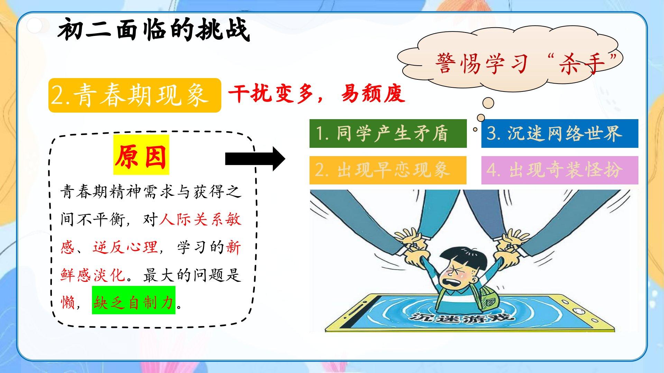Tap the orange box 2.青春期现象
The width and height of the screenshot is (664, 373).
coord(135,95)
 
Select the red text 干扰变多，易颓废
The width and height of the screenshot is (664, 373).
coord(316,94)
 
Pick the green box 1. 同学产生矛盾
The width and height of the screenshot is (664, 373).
coord(388,133)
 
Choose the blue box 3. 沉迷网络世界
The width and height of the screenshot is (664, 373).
coord(560,133)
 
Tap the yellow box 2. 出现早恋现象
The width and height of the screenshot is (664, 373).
coord(388,170)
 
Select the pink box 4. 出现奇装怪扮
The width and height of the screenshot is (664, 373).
coord(560,170)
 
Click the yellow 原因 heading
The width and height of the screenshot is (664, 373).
coord(141,155)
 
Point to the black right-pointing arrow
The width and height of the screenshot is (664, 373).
coord(255,159)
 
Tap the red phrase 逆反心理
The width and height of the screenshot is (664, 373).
coord(125,247)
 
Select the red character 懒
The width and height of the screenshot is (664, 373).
coord(68,303)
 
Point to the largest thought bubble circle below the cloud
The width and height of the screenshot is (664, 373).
coord(488,103)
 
